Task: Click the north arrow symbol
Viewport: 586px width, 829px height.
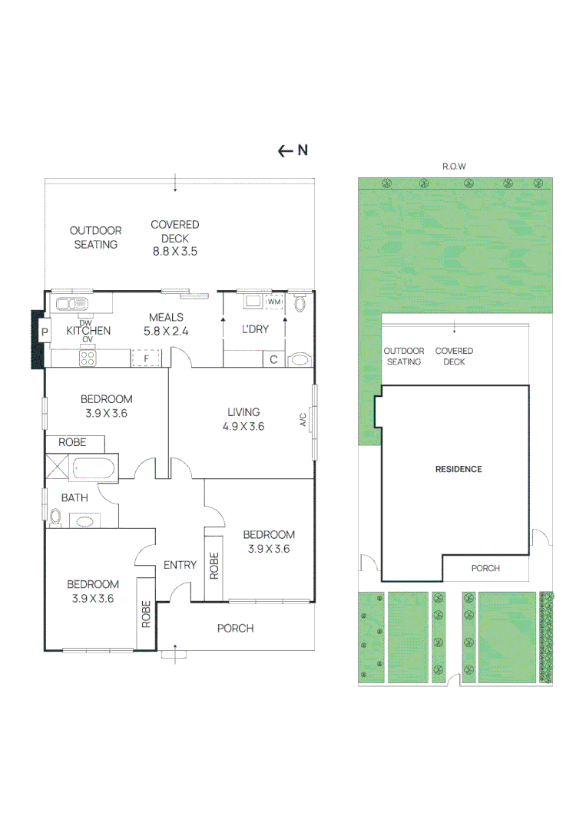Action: (x=293, y=150)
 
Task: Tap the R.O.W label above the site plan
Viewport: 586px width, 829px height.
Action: (x=455, y=167)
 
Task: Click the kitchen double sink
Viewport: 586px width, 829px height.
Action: (x=72, y=303)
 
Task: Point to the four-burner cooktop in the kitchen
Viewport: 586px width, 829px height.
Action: (x=88, y=358)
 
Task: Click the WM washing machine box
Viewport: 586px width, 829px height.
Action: (x=274, y=302)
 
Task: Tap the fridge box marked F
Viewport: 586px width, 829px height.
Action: (x=146, y=358)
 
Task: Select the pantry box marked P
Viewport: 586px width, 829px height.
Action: (x=45, y=332)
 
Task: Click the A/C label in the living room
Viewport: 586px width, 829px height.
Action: (x=303, y=419)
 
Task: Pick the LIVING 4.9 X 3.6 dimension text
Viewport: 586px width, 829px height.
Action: (x=243, y=426)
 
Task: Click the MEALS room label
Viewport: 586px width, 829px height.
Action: (x=166, y=317)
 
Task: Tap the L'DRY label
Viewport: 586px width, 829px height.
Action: (x=256, y=329)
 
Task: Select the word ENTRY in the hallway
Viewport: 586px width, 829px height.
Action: (x=180, y=565)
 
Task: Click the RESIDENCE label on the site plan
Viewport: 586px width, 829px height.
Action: (x=459, y=469)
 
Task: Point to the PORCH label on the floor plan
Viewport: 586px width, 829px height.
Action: (x=235, y=628)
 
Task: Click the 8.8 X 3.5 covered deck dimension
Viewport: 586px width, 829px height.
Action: (x=175, y=252)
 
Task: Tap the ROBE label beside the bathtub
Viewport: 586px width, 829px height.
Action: (x=72, y=442)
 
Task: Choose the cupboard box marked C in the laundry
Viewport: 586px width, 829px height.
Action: (x=273, y=359)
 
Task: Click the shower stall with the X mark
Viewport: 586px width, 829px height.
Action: (x=57, y=466)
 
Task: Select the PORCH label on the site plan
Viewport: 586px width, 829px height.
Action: (x=485, y=568)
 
